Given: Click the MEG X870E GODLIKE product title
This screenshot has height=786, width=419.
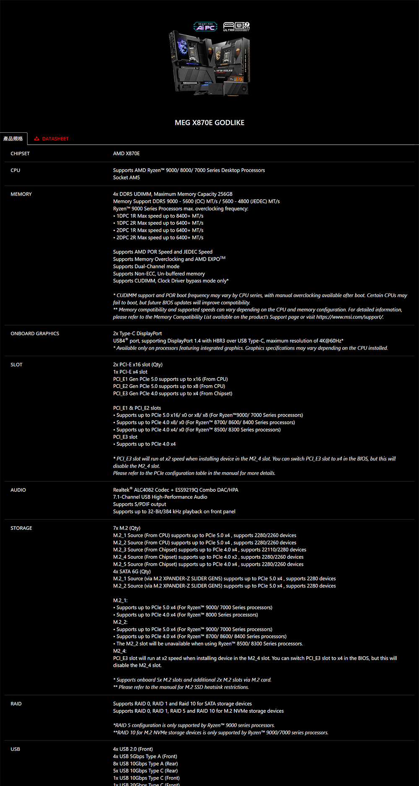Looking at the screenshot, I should click(209, 123).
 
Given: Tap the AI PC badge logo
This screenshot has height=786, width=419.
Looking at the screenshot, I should click(205, 27).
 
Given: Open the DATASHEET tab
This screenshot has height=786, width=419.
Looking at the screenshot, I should click(52, 139).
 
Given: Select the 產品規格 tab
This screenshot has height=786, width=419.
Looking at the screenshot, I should click(13, 139).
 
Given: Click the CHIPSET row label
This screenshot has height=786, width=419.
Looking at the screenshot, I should click(20, 154).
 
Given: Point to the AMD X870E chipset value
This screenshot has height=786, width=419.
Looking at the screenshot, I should click(126, 154).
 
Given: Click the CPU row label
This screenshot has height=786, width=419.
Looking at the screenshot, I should click(16, 170).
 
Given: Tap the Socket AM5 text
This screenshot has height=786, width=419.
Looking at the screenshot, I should click(127, 177).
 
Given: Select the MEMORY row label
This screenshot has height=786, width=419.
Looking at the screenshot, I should click(21, 194).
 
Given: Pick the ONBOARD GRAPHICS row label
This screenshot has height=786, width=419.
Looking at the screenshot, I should click(35, 334).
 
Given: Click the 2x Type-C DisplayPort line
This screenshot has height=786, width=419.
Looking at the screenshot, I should click(137, 334).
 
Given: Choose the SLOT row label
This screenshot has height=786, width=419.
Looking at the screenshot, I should click(16, 365).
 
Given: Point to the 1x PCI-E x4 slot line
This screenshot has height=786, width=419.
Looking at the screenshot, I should click(130, 372).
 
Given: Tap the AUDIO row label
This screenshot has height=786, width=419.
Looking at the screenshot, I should click(18, 490).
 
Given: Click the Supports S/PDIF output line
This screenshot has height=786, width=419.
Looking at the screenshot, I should click(140, 504).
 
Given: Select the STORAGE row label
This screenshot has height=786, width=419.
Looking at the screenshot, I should click(21, 528).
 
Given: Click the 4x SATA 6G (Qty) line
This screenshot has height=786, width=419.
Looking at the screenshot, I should click(132, 571).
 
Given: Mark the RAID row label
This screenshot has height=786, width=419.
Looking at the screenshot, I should click(16, 704).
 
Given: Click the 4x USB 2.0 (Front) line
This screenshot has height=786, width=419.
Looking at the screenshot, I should click(133, 749).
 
